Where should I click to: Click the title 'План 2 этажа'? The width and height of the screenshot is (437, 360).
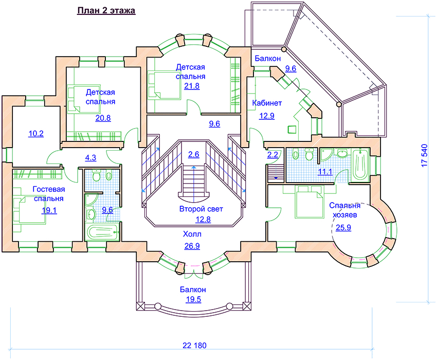tap(106, 11)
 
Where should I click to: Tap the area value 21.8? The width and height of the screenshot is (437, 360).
tap(192, 86)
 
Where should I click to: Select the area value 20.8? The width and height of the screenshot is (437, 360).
tap(103, 118)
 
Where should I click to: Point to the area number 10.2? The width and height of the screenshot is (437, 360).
tap(36, 134)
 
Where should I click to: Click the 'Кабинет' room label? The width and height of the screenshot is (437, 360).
tap(267, 103)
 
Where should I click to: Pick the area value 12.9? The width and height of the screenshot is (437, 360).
tap(267, 116)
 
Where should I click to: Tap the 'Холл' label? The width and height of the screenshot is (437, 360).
tap(192, 234)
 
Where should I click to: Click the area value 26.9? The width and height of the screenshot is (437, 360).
tap(192, 246)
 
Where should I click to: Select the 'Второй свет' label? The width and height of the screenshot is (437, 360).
tap(201, 209)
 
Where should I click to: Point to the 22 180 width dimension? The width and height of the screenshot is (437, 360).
tap(194, 346)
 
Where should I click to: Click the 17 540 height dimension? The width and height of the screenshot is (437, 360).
tap(424, 156)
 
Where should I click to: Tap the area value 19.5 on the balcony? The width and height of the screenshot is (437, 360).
tap(193, 299)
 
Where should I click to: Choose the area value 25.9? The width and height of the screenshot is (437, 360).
tap(343, 227)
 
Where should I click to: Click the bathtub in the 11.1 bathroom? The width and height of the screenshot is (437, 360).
tap(360, 165)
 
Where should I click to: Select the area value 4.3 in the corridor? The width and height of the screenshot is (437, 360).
tap(90, 157)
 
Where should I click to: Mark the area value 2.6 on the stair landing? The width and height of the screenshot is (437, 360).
tap(194, 154)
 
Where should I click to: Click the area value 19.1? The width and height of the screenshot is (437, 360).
tap(49, 210)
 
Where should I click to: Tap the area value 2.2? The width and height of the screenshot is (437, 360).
tap(272, 154)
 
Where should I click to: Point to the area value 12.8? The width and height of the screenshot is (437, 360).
tap(203, 220)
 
